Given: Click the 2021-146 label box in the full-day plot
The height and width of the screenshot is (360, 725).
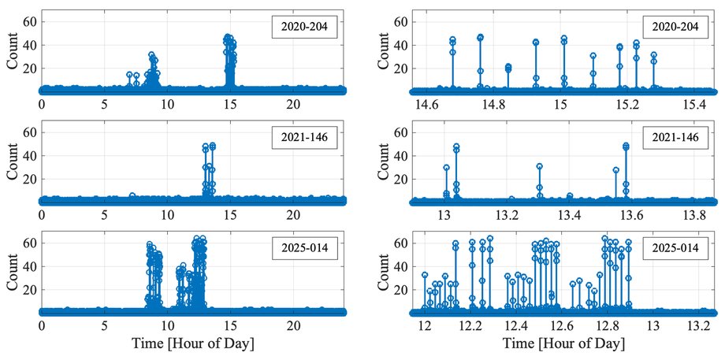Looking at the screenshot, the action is click(303, 139).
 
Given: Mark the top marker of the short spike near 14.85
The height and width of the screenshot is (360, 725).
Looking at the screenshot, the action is click(508, 66).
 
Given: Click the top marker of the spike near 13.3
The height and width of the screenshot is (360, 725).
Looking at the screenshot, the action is click(539, 166).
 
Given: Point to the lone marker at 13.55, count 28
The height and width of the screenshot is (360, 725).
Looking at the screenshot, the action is click(616, 170).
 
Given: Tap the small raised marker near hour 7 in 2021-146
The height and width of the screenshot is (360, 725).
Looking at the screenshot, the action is click(132, 195).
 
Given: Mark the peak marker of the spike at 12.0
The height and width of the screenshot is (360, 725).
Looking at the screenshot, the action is click(425, 274).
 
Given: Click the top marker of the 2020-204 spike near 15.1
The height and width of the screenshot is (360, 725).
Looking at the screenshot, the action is click(593, 55).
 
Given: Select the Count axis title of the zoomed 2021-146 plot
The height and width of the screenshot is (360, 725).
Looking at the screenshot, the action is click(383, 167).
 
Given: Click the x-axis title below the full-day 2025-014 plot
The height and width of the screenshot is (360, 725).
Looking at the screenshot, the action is click(193, 344).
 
